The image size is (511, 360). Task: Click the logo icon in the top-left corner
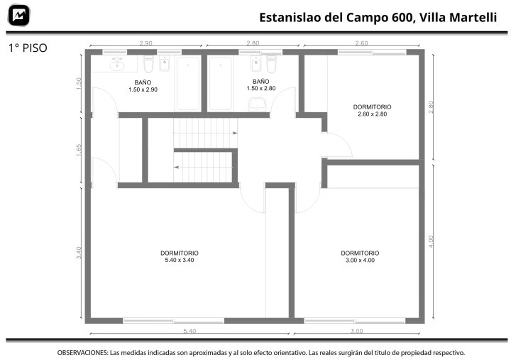[19, 15]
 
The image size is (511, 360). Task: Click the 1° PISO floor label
[28, 48]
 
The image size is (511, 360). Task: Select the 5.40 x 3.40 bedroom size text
[180, 260]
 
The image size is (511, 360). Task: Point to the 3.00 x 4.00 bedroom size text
[360, 260]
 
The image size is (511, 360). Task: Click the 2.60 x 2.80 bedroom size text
[372, 114]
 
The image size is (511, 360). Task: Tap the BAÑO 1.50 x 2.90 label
[143, 86]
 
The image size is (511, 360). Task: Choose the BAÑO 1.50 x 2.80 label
[261, 84]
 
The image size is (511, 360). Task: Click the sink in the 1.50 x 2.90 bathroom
[117, 65]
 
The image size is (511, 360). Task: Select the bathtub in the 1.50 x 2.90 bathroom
[188, 83]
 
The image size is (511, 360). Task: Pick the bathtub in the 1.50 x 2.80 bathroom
[221, 83]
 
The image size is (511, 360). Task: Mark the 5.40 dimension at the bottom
[189, 332]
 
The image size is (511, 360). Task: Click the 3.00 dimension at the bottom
[356, 332]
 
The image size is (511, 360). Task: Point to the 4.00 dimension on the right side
[431, 241]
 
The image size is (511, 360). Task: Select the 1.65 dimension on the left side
[79, 151]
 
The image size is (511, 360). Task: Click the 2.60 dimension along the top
[361, 43]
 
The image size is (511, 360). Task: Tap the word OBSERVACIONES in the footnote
[82, 353]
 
